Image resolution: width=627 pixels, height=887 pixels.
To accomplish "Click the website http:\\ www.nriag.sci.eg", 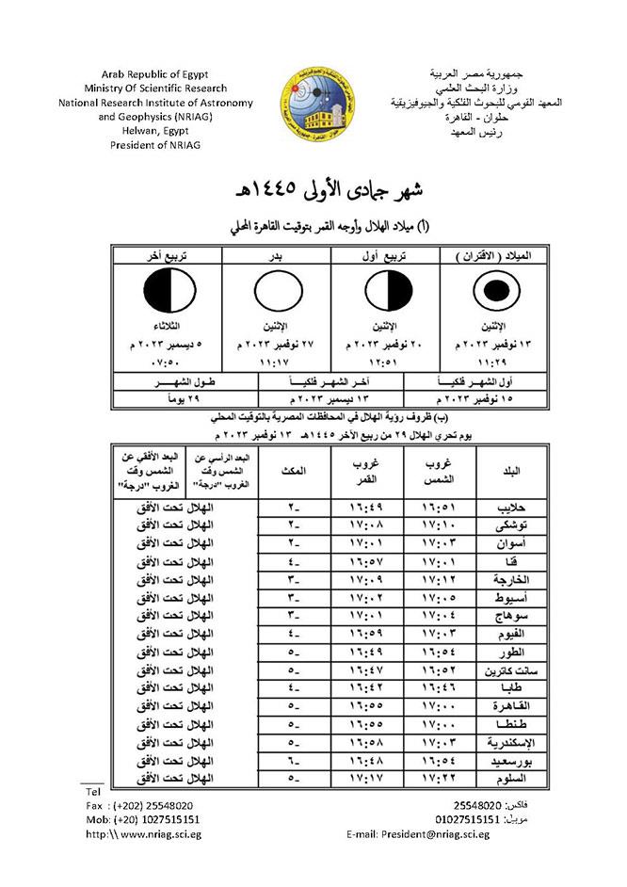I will point(142,834).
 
